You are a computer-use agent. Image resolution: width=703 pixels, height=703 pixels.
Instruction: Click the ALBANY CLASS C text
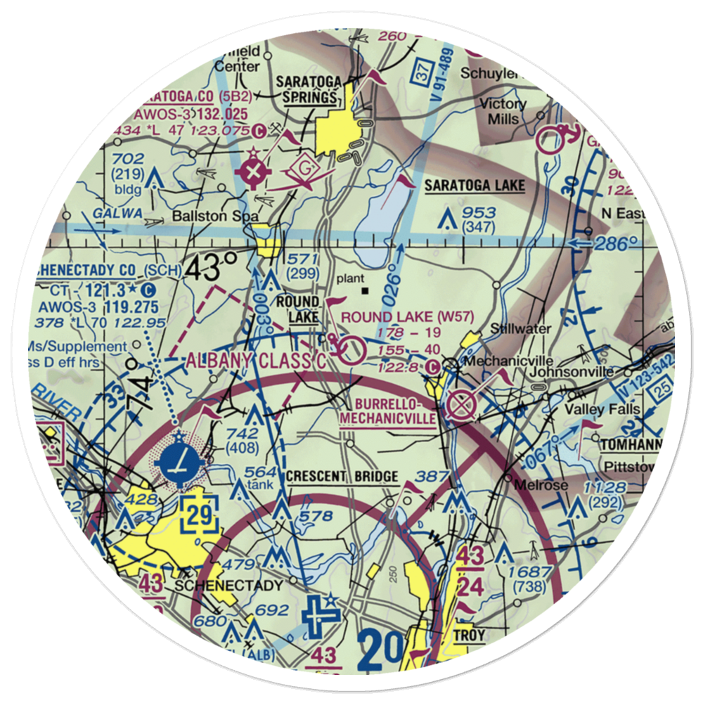(256, 361)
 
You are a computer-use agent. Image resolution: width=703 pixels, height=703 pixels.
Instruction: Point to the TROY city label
(469, 635)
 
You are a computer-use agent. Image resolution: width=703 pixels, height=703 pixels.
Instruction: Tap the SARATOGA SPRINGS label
(309, 89)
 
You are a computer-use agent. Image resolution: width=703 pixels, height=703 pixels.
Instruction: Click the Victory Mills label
(502, 111)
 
